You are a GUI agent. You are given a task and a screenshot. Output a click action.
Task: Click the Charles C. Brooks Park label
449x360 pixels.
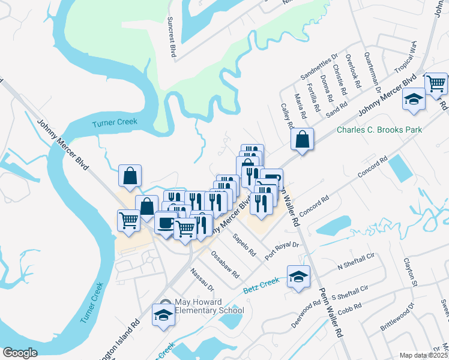(379, 130)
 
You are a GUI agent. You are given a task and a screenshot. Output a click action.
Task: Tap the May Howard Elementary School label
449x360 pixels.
(209, 306)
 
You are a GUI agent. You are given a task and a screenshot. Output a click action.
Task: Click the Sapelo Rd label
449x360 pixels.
(245, 244)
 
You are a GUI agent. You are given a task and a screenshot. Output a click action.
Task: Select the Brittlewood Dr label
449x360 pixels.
(397, 318)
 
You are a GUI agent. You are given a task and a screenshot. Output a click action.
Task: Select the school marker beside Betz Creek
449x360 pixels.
(299, 277)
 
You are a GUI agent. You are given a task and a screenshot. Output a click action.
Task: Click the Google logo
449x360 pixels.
(20, 353)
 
